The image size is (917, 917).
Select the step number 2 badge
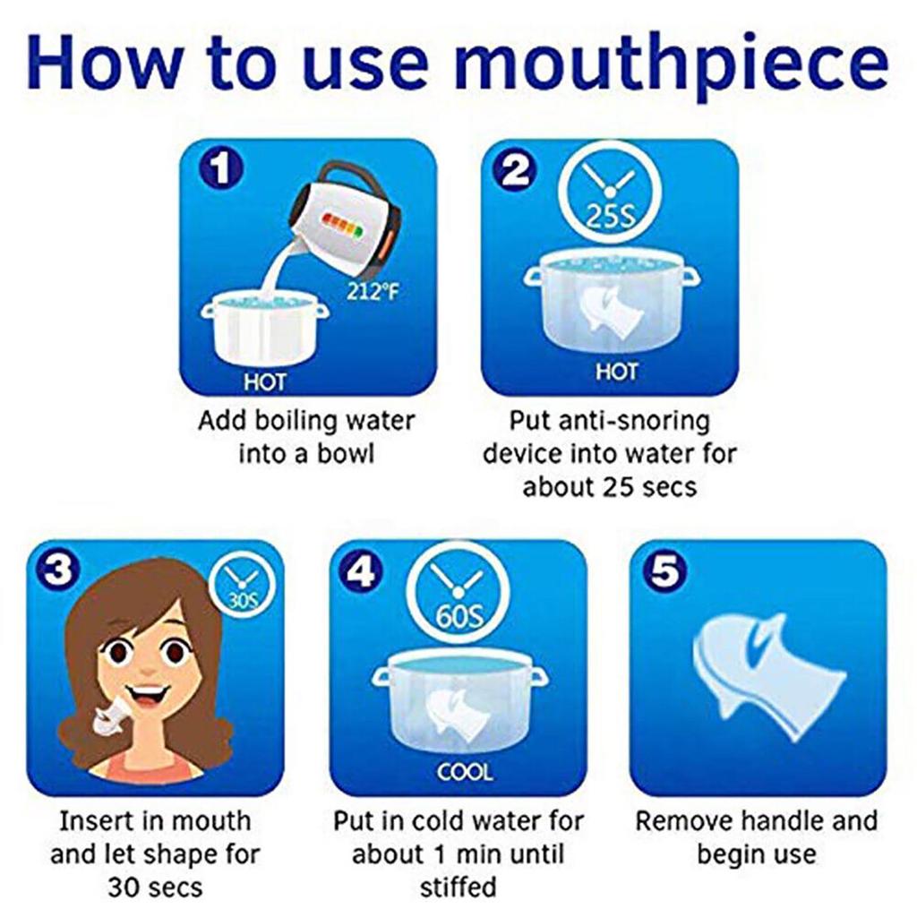click(516, 171)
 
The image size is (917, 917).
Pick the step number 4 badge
click(362, 571)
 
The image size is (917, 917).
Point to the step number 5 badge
click(664, 571)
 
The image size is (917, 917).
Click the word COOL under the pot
click(464, 771)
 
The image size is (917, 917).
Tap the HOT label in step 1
click(265, 381)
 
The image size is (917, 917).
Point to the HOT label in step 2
click(616, 371)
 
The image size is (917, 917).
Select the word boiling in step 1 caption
click(301, 421)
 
